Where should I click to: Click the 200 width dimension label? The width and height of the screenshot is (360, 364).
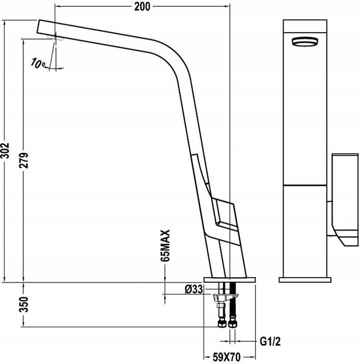tap(142, 6)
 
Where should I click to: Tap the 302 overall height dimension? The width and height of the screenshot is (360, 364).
tap(5, 151)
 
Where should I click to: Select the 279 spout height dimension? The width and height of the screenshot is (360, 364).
tap(24, 160)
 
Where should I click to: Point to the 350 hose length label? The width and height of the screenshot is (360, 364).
tap(24, 304)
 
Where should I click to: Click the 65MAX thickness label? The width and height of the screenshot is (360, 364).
tap(165, 246)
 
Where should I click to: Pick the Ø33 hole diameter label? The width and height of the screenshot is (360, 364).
tap(194, 289)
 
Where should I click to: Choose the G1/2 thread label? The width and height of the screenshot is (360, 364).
tap(270, 342)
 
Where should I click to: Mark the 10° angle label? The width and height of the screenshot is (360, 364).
tap(38, 63)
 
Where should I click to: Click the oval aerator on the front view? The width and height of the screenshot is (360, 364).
tap(305, 42)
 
